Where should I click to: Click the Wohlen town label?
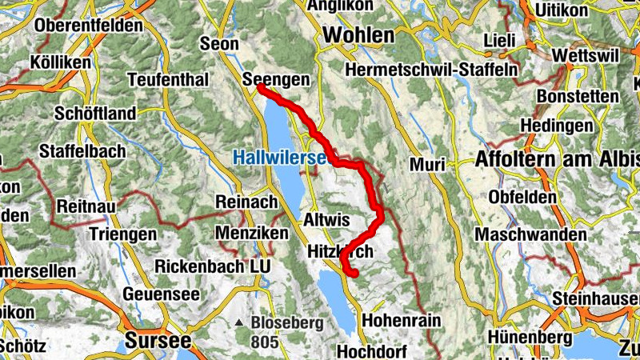359,35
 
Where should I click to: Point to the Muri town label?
426,165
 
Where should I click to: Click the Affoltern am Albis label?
558,159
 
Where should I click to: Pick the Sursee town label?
158,340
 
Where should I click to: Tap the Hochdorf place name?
372,351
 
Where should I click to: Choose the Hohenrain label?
402,320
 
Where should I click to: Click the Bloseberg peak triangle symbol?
239,324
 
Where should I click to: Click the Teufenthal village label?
168,80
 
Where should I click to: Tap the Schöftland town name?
95,114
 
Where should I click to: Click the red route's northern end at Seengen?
261,87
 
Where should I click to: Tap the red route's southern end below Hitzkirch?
351,274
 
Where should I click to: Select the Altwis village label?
325,218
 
